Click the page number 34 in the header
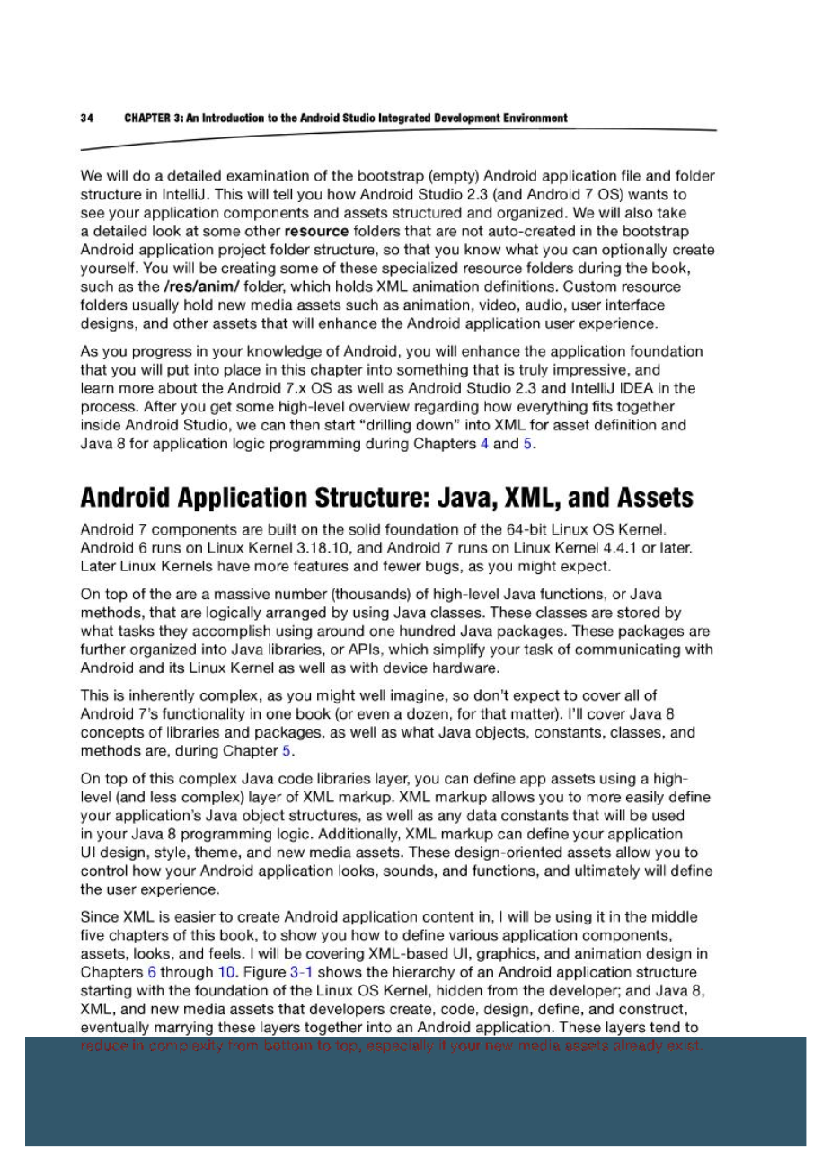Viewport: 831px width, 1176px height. [x=86, y=118]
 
